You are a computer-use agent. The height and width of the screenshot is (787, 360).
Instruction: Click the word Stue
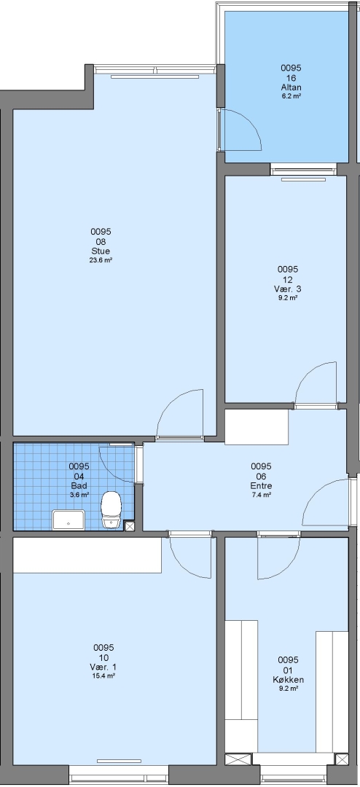101,251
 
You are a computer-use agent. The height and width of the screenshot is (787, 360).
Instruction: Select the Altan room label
291,87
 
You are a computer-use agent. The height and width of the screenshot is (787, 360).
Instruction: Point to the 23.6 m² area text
101,260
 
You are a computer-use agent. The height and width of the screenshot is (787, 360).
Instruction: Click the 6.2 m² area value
291,96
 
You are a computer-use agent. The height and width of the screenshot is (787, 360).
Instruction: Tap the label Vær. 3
288,289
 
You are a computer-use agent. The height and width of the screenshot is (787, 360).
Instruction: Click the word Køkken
288,680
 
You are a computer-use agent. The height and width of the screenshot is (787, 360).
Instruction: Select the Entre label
261,486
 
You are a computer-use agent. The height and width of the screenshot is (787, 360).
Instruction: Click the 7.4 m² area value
261,495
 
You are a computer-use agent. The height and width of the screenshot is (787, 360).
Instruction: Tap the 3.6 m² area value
79,495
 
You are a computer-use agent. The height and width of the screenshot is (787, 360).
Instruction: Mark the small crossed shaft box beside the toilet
129,526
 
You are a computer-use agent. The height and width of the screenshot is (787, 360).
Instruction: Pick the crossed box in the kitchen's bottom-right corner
342,759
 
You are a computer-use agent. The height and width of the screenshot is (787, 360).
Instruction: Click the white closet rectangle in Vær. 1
87,555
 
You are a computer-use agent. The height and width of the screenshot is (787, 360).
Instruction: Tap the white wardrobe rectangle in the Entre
257,427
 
